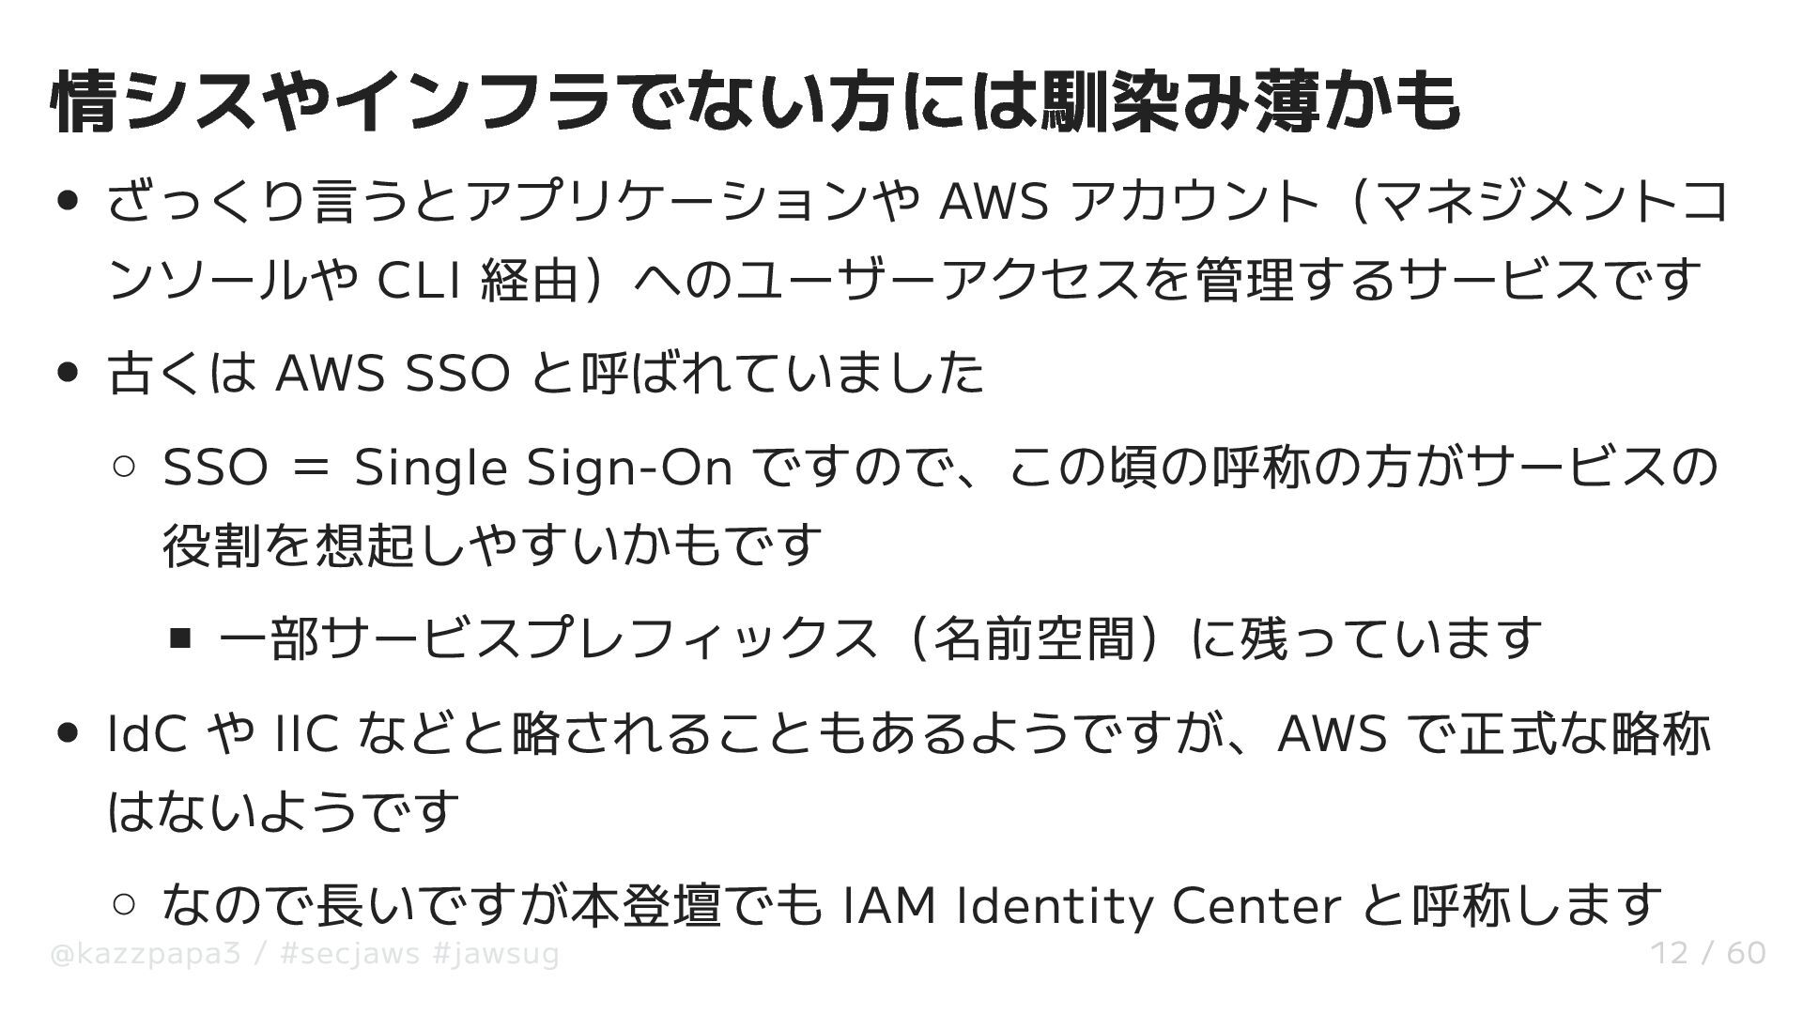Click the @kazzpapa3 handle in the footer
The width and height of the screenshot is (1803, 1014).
coord(146,954)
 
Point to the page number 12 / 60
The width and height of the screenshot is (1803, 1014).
coord(1708,954)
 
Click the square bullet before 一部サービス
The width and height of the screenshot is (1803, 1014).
coord(180,639)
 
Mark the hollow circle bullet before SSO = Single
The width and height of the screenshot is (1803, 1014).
coord(124,467)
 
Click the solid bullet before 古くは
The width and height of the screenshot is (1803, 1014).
coord(68,373)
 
